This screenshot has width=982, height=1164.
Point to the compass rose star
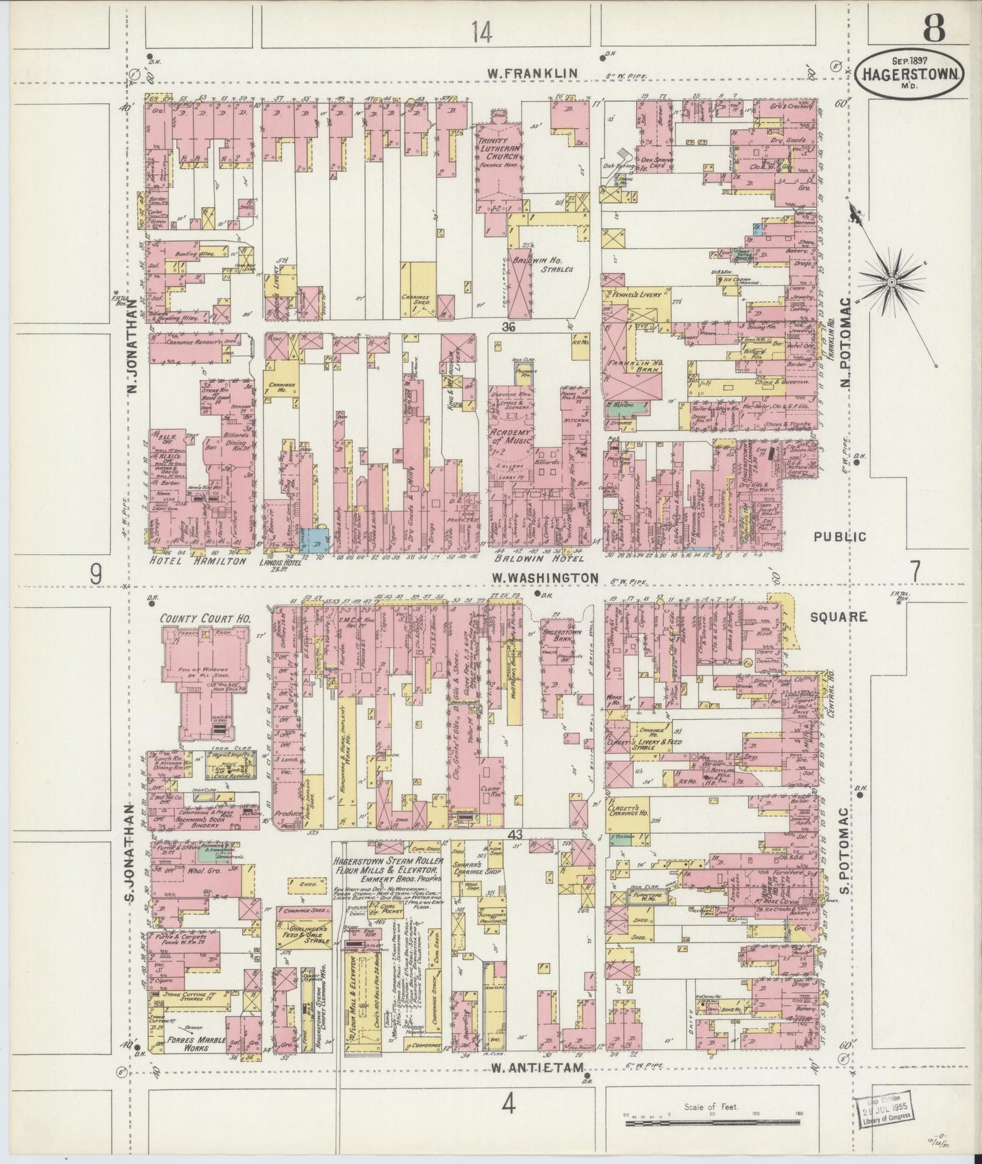pyautogui.click(x=891, y=280)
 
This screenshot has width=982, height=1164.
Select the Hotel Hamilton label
pyautogui.click(x=196, y=560)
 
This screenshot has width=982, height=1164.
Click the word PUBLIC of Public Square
pyautogui.click(x=841, y=536)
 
